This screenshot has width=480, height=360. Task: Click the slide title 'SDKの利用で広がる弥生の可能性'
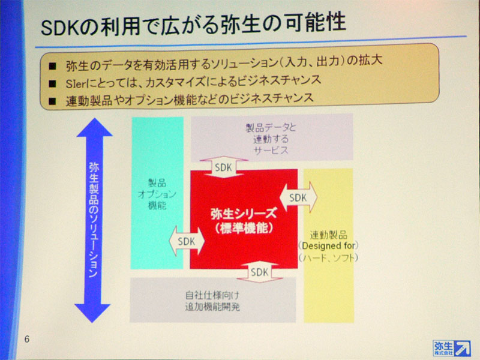tap(193, 24)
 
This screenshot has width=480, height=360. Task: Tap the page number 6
tap(27, 339)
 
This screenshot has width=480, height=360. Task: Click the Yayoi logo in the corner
tap(452, 348)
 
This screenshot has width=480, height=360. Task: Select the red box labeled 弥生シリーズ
tap(244, 219)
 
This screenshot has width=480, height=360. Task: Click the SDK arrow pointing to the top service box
tap(223, 167)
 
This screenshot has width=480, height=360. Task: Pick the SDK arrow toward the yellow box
tap(298, 197)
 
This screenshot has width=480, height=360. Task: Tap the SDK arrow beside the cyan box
tap(187, 241)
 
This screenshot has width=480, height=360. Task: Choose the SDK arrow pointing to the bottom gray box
tap(260, 272)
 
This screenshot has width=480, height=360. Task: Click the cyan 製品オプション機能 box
tap(157, 193)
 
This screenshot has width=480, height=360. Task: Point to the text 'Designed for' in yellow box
tap(328, 246)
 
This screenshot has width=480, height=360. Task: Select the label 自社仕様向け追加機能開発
tap(212, 301)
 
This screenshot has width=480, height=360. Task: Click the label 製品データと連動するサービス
tap(271, 139)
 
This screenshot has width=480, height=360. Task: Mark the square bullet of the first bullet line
tap(52, 66)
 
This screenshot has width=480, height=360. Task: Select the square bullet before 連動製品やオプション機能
tap(52, 101)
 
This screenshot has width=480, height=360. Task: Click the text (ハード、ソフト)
tap(328, 258)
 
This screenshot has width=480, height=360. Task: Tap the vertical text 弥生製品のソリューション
tap(94, 220)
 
